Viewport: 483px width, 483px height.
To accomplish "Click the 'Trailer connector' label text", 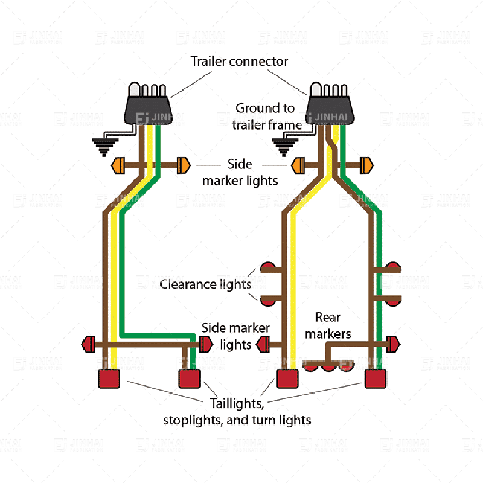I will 239,61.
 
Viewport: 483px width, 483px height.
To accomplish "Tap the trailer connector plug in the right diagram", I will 328,103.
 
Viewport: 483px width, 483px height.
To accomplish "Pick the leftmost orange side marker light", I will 118,164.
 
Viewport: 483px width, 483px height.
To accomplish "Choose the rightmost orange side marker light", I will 366,164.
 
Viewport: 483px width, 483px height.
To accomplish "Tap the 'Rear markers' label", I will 328,325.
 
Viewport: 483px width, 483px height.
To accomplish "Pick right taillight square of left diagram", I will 190,379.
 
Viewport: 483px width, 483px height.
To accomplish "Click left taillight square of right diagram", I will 287,379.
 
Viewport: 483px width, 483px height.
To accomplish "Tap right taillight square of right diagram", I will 376,379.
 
